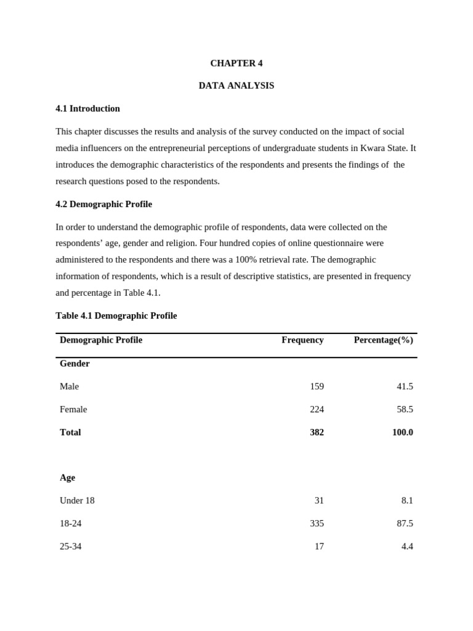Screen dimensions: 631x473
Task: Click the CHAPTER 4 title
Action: click(236, 63)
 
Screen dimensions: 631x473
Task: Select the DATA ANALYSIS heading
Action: click(236, 86)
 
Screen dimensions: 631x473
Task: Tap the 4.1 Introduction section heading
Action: click(87, 108)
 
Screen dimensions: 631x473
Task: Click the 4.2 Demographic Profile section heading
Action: click(103, 204)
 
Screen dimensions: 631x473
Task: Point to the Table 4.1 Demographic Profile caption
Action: click(116, 315)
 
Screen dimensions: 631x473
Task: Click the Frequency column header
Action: click(302, 340)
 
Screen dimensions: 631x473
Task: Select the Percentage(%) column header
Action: click(383, 340)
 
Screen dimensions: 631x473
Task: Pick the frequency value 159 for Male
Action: click(317, 386)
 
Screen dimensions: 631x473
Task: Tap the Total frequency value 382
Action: click(317, 432)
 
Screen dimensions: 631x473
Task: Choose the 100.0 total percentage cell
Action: click(402, 432)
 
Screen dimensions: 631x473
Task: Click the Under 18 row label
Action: click(77, 500)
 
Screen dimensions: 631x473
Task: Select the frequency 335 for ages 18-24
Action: click(317, 523)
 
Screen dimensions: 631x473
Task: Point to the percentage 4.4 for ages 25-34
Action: click(406, 546)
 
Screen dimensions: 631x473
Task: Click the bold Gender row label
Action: click(75, 364)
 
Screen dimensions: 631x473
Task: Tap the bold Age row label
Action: click(67, 478)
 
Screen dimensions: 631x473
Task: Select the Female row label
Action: click(73, 409)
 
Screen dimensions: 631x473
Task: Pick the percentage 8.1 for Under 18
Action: click(407, 500)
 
